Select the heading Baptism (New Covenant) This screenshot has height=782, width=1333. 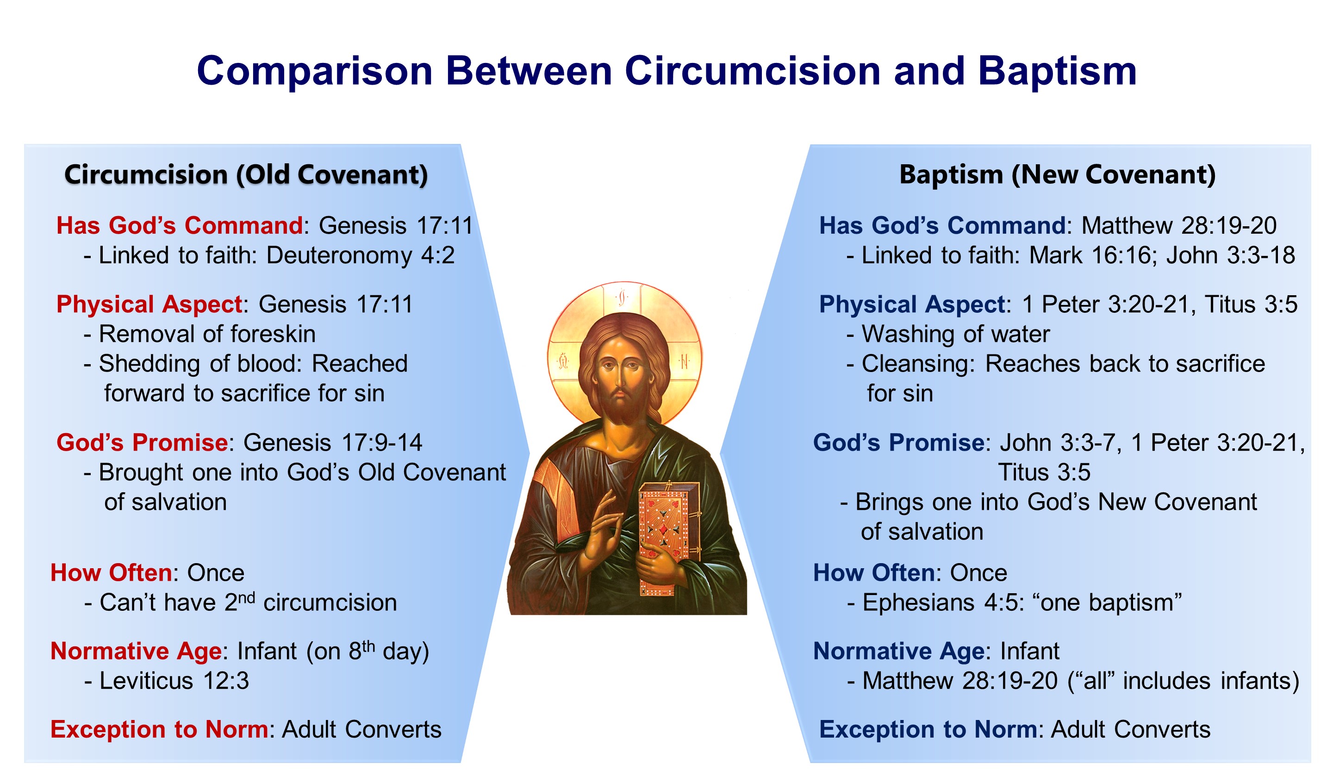tap(1058, 174)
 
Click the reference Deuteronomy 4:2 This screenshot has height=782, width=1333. tap(360, 256)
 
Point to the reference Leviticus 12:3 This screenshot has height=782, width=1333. tap(174, 681)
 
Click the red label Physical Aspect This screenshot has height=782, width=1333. tap(149, 305)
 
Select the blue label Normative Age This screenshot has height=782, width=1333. tap(899, 652)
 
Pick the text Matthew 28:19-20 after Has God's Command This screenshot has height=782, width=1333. tap(1178, 226)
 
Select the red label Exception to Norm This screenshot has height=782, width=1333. tap(159, 730)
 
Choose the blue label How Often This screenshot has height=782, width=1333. tap(874, 573)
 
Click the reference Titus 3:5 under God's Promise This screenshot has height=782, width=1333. tap(1044, 473)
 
